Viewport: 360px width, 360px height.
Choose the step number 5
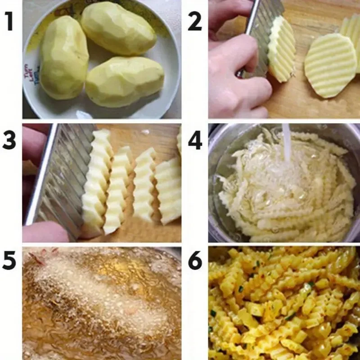tap(10, 261)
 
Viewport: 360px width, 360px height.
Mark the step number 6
tap(195, 261)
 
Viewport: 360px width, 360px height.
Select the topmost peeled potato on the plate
tap(118, 28)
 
